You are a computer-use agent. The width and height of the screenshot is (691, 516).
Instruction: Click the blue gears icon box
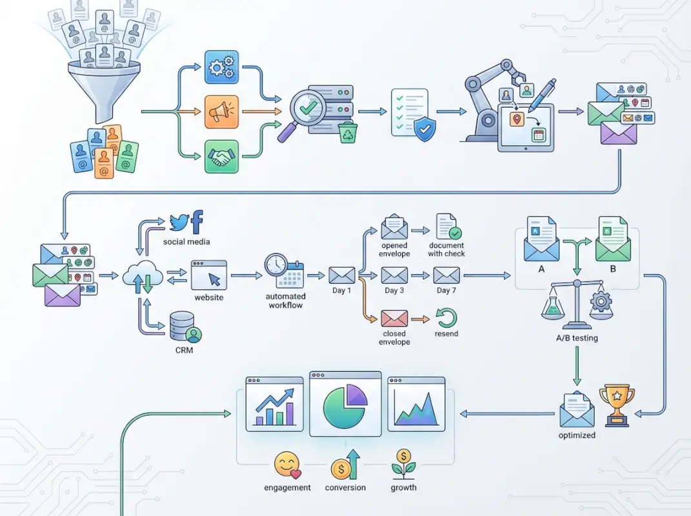[x=222, y=68]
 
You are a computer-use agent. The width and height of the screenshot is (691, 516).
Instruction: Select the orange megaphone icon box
[x=222, y=112]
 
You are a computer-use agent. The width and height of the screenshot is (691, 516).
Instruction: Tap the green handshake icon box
[x=222, y=157]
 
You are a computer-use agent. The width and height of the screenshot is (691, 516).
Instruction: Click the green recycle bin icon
[x=348, y=133]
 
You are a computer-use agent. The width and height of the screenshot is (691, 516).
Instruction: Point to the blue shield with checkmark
[x=423, y=130]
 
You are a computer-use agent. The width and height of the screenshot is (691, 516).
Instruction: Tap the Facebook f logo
[x=197, y=221]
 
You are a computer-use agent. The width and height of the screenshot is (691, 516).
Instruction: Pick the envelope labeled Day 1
[x=342, y=275]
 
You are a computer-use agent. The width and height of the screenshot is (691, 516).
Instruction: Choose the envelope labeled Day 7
[x=446, y=275]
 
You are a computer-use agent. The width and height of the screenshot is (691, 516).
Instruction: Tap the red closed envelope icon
[x=394, y=318]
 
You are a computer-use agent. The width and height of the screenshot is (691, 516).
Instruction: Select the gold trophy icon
[x=617, y=404]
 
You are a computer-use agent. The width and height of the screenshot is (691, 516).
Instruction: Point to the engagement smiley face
[x=286, y=465]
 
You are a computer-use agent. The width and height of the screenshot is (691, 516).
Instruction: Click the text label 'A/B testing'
[x=576, y=338]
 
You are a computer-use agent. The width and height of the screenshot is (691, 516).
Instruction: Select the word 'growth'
[x=403, y=488]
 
